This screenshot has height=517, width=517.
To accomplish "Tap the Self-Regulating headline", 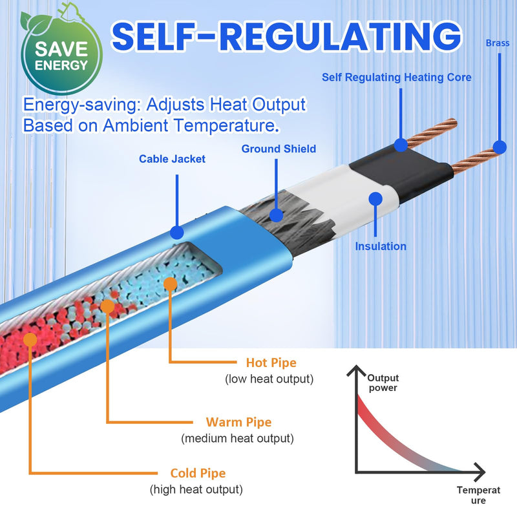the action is click(286, 36).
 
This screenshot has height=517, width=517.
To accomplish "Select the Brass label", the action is click(498, 43).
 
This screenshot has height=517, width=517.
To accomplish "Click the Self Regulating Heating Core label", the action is click(396, 78).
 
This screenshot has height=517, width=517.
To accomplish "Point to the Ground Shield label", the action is click(279, 149).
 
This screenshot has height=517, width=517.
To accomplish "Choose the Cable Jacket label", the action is click(172, 159).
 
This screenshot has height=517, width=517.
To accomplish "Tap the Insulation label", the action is click(381, 246).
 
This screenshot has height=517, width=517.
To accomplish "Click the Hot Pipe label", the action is click(271, 363).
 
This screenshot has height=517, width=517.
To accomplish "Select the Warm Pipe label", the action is click(238, 422).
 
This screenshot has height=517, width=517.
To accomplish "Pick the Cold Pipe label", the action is click(198, 473).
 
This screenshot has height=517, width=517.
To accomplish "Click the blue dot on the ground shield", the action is click(276, 215).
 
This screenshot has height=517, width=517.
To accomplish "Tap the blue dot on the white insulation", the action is click(375, 199).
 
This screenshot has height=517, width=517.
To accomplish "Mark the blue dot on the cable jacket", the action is click(176, 233).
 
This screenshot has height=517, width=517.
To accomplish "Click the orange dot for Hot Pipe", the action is click(171, 284).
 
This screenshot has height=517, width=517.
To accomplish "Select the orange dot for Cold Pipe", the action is click(30, 340).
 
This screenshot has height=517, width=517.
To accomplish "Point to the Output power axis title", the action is click(383, 383).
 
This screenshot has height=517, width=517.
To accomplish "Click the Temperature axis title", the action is click(478, 495).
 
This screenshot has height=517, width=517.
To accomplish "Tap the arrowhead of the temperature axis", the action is click(480, 472).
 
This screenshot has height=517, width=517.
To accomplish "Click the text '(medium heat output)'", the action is click(237, 439).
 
